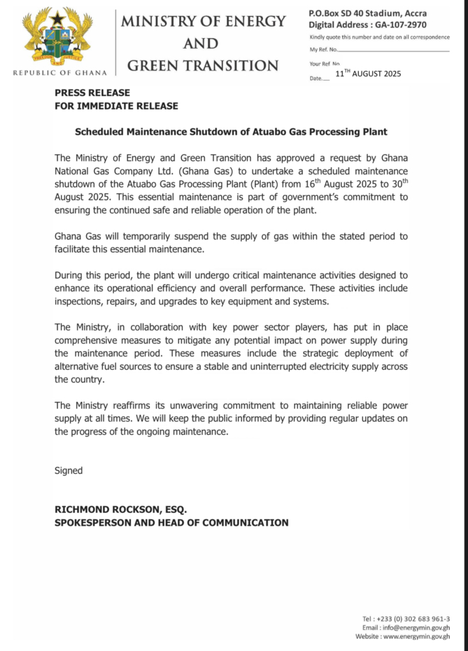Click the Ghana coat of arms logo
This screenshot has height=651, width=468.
click(58, 37)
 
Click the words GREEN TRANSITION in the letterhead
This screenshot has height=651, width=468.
click(203, 65)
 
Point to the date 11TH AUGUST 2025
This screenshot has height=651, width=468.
click(368, 74)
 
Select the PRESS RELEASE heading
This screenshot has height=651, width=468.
click(92, 93)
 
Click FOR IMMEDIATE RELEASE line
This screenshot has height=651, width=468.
click(116, 106)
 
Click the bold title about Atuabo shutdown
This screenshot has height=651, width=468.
click(231, 132)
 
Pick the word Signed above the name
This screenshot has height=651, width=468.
click(69, 471)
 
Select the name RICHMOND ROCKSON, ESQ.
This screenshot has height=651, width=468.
click(121, 510)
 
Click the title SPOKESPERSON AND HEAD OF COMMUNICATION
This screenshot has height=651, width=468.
click(171, 523)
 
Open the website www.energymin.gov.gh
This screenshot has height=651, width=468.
click(419, 636)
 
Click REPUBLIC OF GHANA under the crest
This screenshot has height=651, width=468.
click(60, 72)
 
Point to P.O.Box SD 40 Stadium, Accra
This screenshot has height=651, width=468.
click(367, 13)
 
